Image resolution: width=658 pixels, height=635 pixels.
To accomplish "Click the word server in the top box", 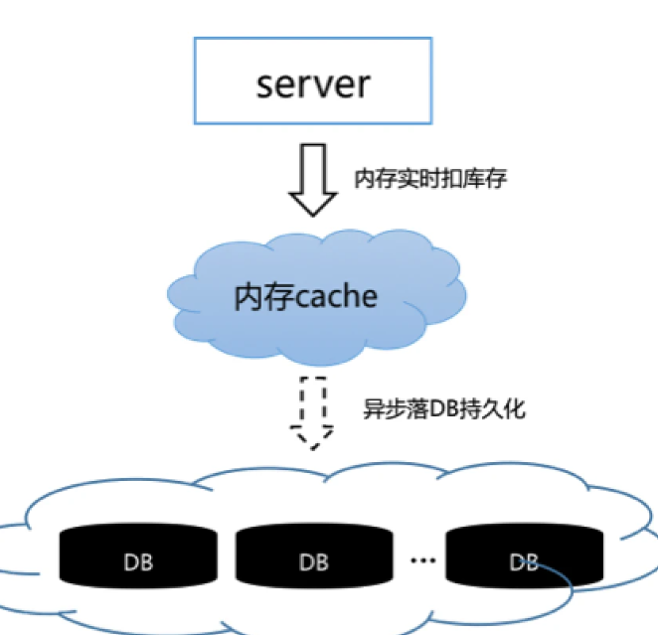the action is [313, 85].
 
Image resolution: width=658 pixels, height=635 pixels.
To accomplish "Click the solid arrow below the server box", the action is [313, 180].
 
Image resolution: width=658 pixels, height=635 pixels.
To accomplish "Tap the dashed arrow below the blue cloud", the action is [313, 413].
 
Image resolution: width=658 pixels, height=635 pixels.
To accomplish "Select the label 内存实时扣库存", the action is [430, 179].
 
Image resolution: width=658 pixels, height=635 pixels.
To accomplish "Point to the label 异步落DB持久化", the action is [444, 409].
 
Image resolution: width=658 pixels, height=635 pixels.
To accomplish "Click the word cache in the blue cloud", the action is [337, 297].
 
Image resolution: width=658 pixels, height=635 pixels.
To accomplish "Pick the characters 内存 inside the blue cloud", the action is [264, 297].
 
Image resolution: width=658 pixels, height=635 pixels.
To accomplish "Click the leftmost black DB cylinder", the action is [138, 556].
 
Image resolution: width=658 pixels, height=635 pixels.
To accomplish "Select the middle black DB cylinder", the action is [314, 556].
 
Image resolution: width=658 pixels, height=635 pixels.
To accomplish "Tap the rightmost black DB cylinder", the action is [525, 556].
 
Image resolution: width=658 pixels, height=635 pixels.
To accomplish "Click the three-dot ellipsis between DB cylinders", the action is [423, 559].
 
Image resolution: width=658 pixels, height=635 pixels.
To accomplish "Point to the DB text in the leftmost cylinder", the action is [138, 562].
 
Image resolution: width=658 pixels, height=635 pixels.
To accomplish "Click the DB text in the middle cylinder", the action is [314, 562].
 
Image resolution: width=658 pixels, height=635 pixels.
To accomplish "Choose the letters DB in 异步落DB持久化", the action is [444, 409].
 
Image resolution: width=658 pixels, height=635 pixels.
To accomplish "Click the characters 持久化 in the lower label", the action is [493, 409].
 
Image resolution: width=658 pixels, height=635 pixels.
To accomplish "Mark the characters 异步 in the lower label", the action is [385, 409].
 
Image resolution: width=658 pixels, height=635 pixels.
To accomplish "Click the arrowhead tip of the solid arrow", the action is [313, 216].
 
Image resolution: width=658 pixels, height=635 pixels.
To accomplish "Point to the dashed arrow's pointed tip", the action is [313, 449].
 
